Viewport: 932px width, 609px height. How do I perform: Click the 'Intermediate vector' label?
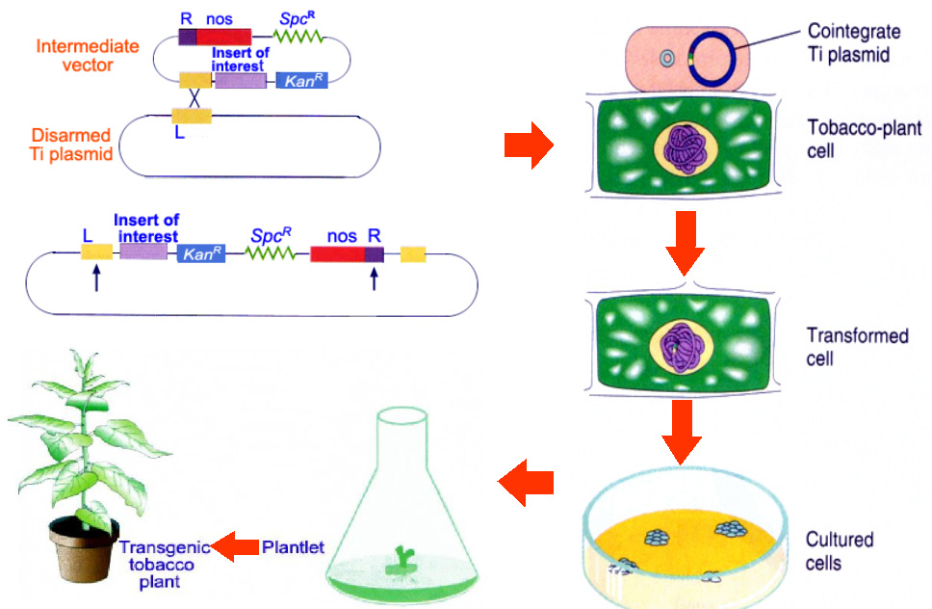[x=87, y=57]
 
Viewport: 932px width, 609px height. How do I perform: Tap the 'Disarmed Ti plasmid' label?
[x=71, y=145]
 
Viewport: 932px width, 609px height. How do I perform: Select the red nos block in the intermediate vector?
[x=223, y=38]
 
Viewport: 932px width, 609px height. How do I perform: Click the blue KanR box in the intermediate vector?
[x=302, y=81]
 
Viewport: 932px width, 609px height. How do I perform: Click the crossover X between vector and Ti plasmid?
[x=195, y=98]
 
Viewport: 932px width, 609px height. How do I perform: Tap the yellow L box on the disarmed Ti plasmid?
[x=191, y=116]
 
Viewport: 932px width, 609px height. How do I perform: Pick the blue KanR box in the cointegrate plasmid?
[x=200, y=252]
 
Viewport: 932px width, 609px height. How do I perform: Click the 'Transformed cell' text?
[x=858, y=347]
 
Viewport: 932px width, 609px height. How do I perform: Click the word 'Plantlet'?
[x=293, y=547]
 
